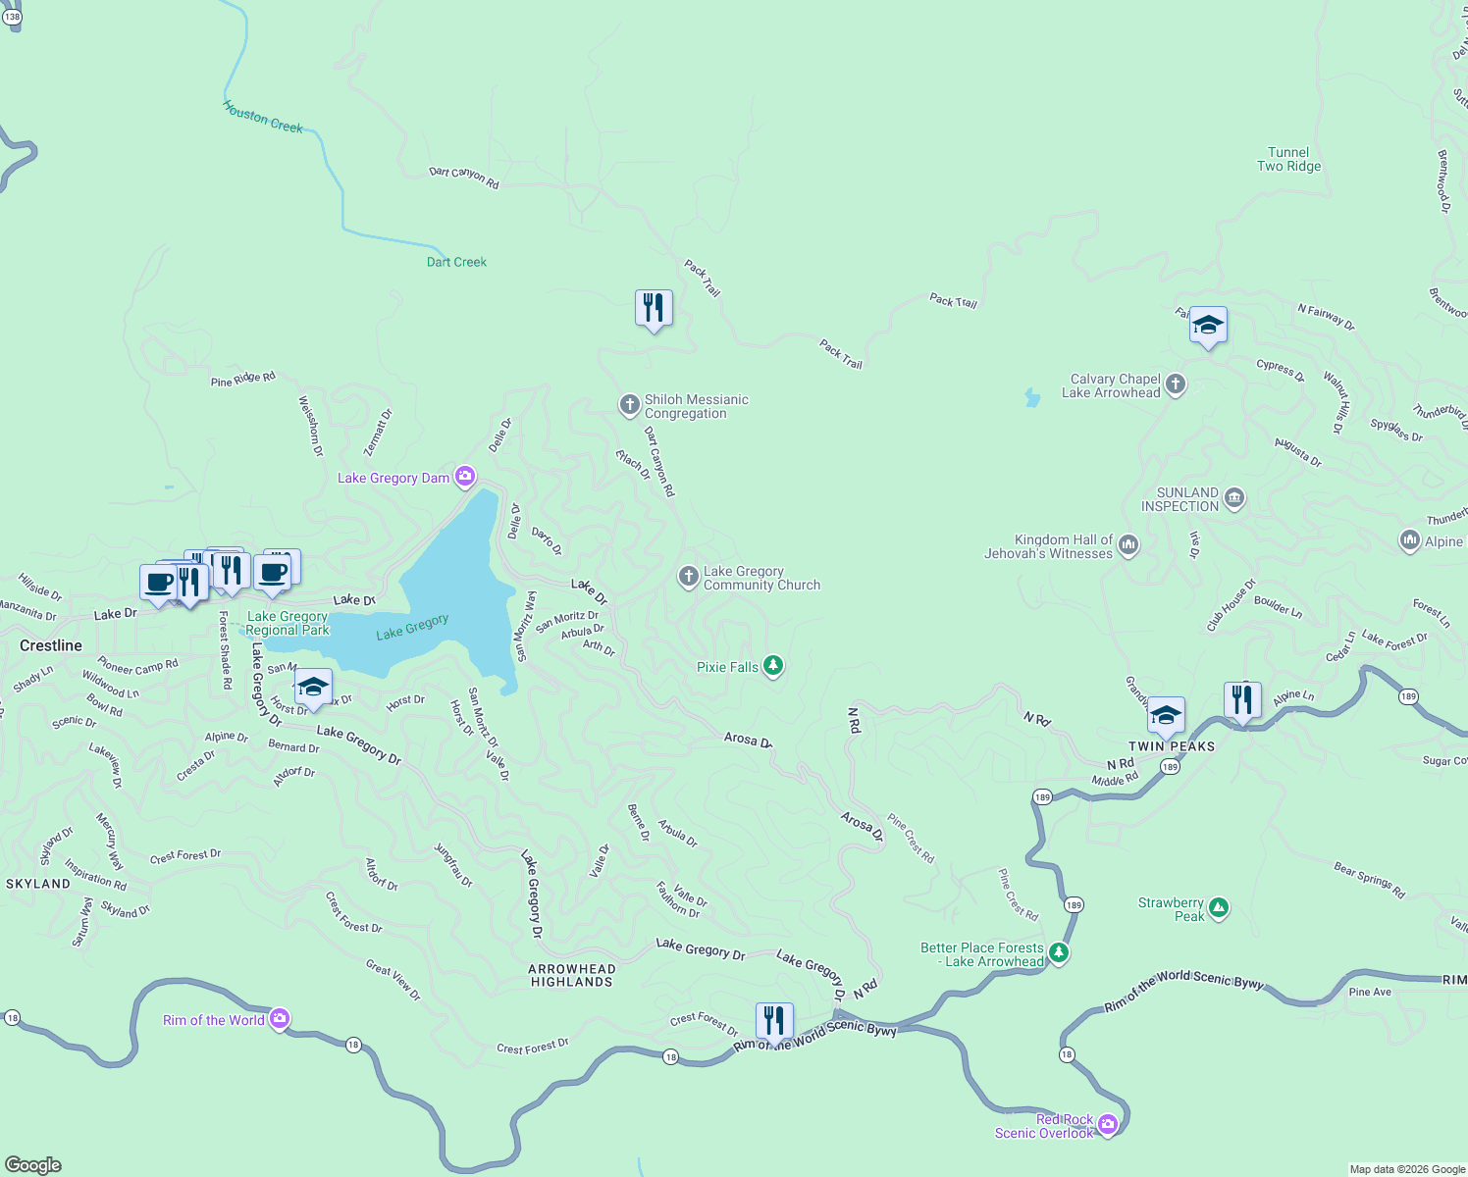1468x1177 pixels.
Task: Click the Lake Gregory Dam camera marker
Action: (465, 478)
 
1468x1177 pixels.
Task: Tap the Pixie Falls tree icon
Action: (773, 667)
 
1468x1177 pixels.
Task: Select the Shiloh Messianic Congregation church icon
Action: (629, 405)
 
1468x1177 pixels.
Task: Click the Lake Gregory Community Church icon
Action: (688, 577)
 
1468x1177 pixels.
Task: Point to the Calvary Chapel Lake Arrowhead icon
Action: (1176, 384)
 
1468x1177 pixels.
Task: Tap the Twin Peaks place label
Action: (1172, 746)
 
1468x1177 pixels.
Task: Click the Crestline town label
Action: (51, 645)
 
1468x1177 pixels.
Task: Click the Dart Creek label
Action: (456, 262)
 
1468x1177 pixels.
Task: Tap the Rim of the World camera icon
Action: (280, 1019)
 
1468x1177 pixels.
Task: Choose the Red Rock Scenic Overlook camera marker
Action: (1108, 1124)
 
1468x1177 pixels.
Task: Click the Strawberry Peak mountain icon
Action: (1219, 908)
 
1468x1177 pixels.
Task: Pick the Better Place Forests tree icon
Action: (1059, 953)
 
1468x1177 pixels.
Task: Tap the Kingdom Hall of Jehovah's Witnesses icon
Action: (1128, 545)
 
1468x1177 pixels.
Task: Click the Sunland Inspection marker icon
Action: (1234, 498)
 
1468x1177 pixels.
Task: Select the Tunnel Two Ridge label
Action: (1288, 159)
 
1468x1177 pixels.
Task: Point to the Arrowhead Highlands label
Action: (572, 975)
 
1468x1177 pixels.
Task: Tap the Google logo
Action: (33, 1165)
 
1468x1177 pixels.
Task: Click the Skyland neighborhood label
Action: (38, 884)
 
